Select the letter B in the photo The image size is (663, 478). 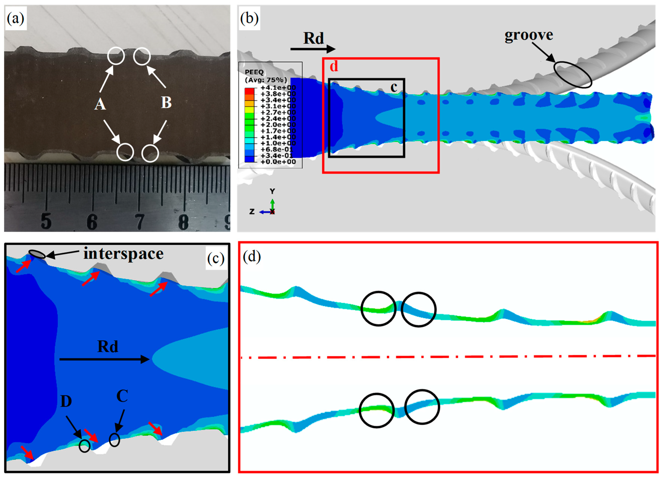(x=166, y=103)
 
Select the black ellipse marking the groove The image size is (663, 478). (x=572, y=74)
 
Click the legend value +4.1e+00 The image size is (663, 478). (x=278, y=88)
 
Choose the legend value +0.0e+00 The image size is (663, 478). (x=278, y=162)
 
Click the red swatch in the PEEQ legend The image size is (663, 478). (x=249, y=91)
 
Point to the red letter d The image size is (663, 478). (x=334, y=66)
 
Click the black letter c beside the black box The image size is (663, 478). (x=394, y=87)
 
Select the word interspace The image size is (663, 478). (x=123, y=254)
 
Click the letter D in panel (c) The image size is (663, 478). (x=66, y=401)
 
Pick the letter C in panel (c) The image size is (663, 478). (x=122, y=396)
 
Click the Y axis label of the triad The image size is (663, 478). (x=272, y=191)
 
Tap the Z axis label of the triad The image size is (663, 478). (x=252, y=211)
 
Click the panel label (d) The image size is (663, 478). (x=252, y=257)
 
